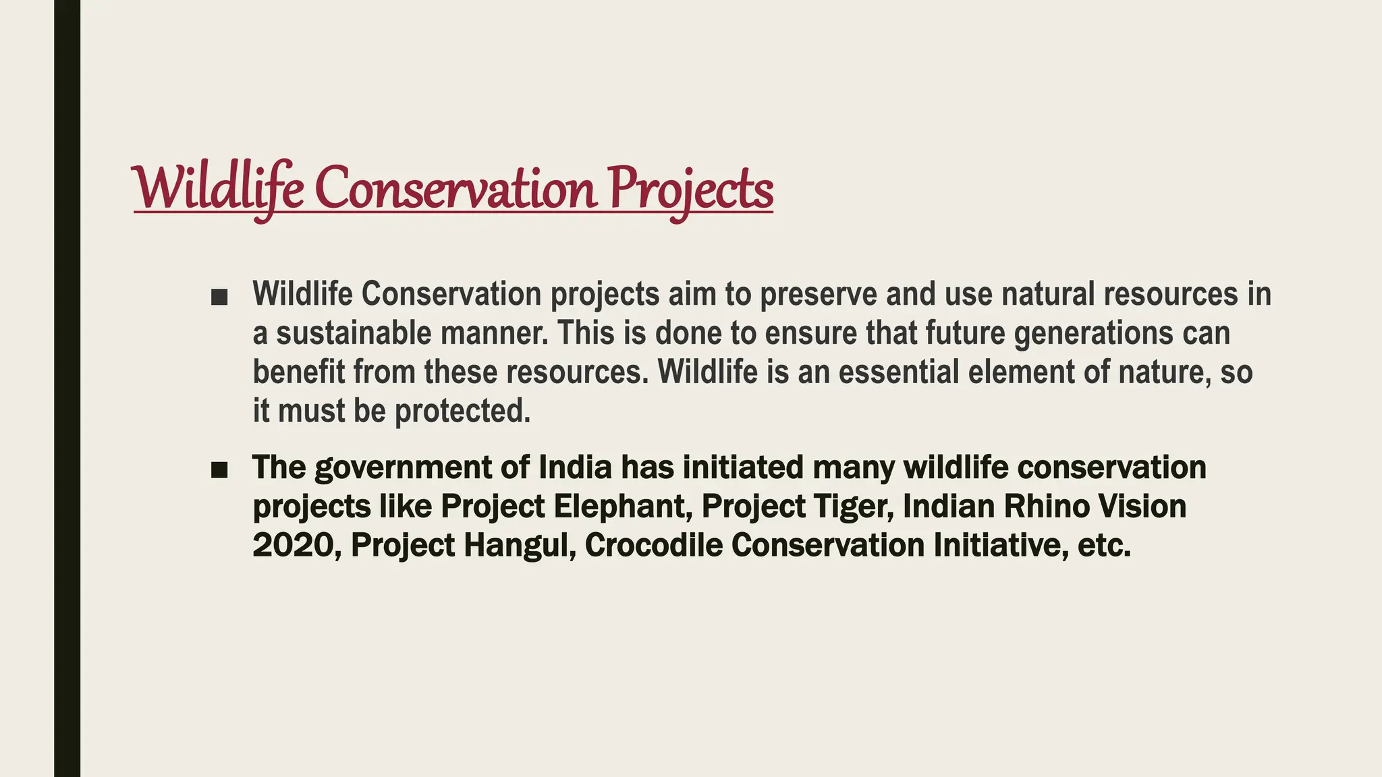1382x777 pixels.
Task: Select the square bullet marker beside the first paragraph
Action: coord(219,297)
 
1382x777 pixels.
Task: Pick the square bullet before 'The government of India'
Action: coord(219,470)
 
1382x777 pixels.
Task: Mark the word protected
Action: coord(462,411)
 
